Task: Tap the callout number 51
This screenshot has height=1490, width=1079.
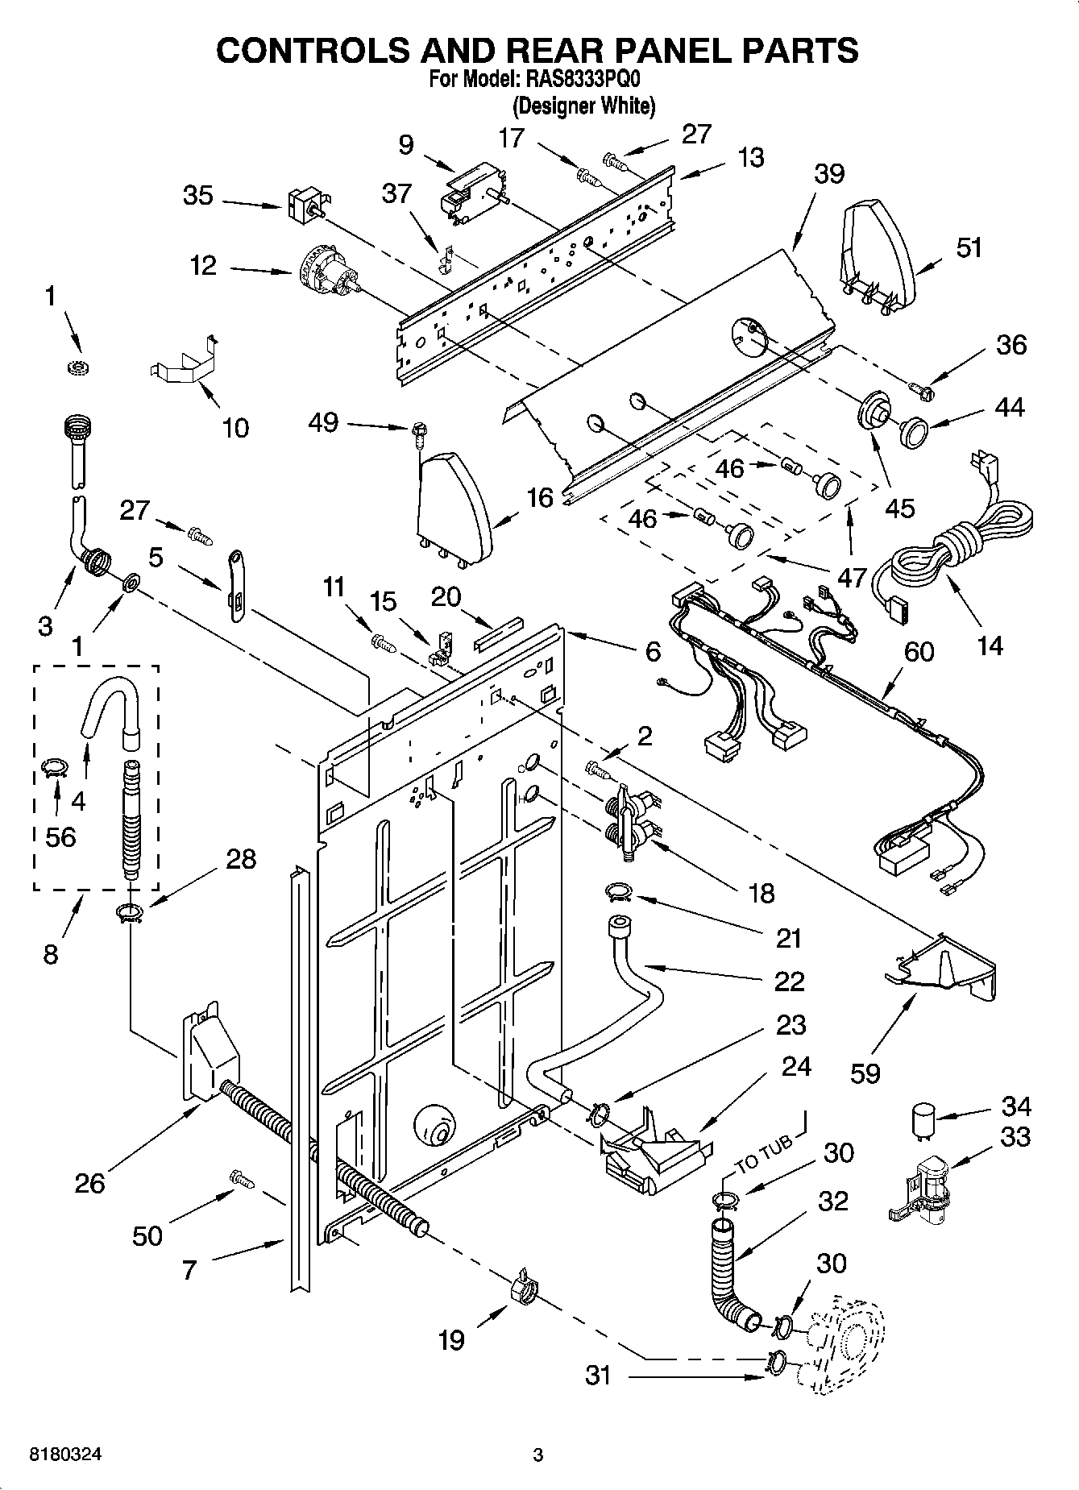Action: point(969,247)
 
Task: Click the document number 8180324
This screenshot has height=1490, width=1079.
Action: point(65,1455)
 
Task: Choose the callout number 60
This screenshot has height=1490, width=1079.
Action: point(919,650)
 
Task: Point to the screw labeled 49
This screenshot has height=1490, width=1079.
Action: point(418,434)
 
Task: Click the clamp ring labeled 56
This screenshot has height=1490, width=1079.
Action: point(54,768)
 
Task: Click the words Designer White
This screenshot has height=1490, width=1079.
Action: point(584,106)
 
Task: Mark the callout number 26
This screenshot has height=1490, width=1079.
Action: point(89,1183)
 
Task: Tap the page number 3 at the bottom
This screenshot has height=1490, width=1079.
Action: point(538,1455)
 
